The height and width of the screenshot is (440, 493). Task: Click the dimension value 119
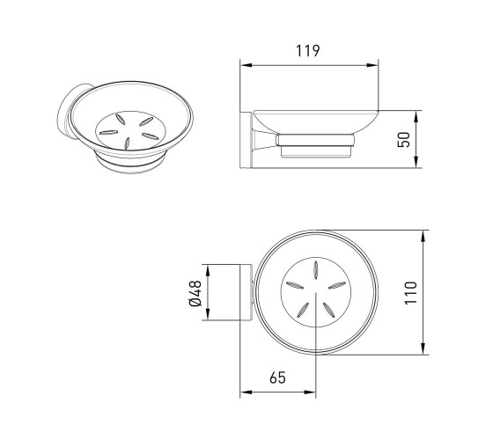308,51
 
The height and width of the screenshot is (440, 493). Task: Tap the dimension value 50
404,140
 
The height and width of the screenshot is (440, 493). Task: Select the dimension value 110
410,293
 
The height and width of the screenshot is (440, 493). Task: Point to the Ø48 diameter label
195,293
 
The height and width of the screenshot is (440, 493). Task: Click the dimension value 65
277,378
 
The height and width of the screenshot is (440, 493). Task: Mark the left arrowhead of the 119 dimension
246,65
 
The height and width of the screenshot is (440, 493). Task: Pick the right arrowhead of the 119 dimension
372,65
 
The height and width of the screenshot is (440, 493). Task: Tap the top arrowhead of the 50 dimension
416,116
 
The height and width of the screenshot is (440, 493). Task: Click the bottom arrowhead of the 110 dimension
423,348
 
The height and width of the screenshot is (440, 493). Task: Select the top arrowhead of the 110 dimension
423,236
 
